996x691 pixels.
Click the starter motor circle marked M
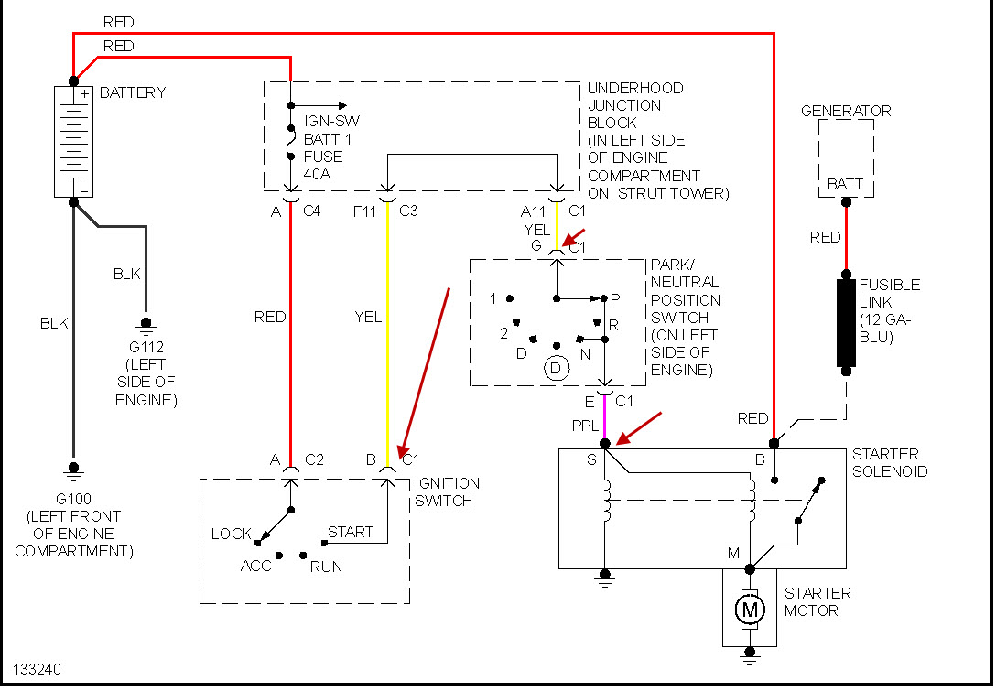pyautogui.click(x=751, y=608)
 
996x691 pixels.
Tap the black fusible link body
pyautogui.click(x=846, y=323)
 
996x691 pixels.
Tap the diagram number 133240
pyautogui.click(x=38, y=670)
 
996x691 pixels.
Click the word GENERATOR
pyautogui.click(x=846, y=111)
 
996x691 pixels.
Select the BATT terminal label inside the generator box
pyautogui.click(x=845, y=184)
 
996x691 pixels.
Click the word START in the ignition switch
pyautogui.click(x=351, y=532)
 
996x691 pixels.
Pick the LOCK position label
pyautogui.click(x=232, y=534)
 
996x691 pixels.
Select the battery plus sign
pyautogui.click(x=84, y=93)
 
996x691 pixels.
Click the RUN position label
pyautogui.click(x=326, y=567)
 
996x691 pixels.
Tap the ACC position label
pyautogui.click(x=256, y=567)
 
